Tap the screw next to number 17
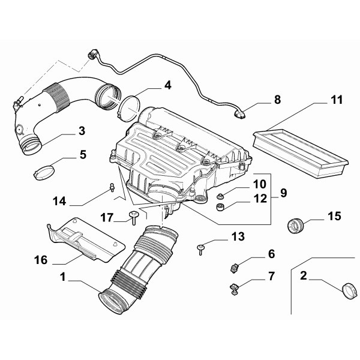coord(133,217)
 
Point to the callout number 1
coord(63,278)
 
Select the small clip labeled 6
coord(236,264)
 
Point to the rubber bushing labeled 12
coord(220,208)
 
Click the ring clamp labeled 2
coord(348,290)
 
